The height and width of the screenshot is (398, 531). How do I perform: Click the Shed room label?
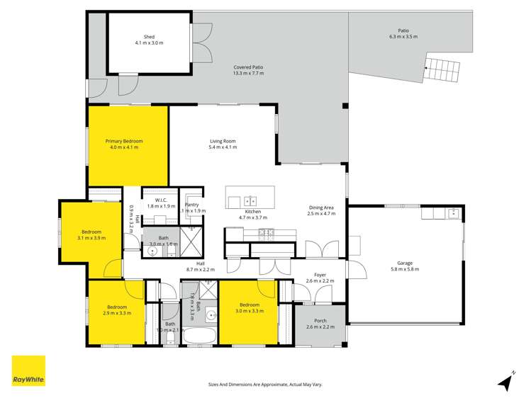click(149, 37)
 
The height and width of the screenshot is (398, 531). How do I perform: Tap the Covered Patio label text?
click(248, 67)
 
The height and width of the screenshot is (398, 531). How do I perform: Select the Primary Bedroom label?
click(124, 141)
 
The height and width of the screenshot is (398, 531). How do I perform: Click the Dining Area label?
click(321, 207)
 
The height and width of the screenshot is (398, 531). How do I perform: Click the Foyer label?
click(320, 274)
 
